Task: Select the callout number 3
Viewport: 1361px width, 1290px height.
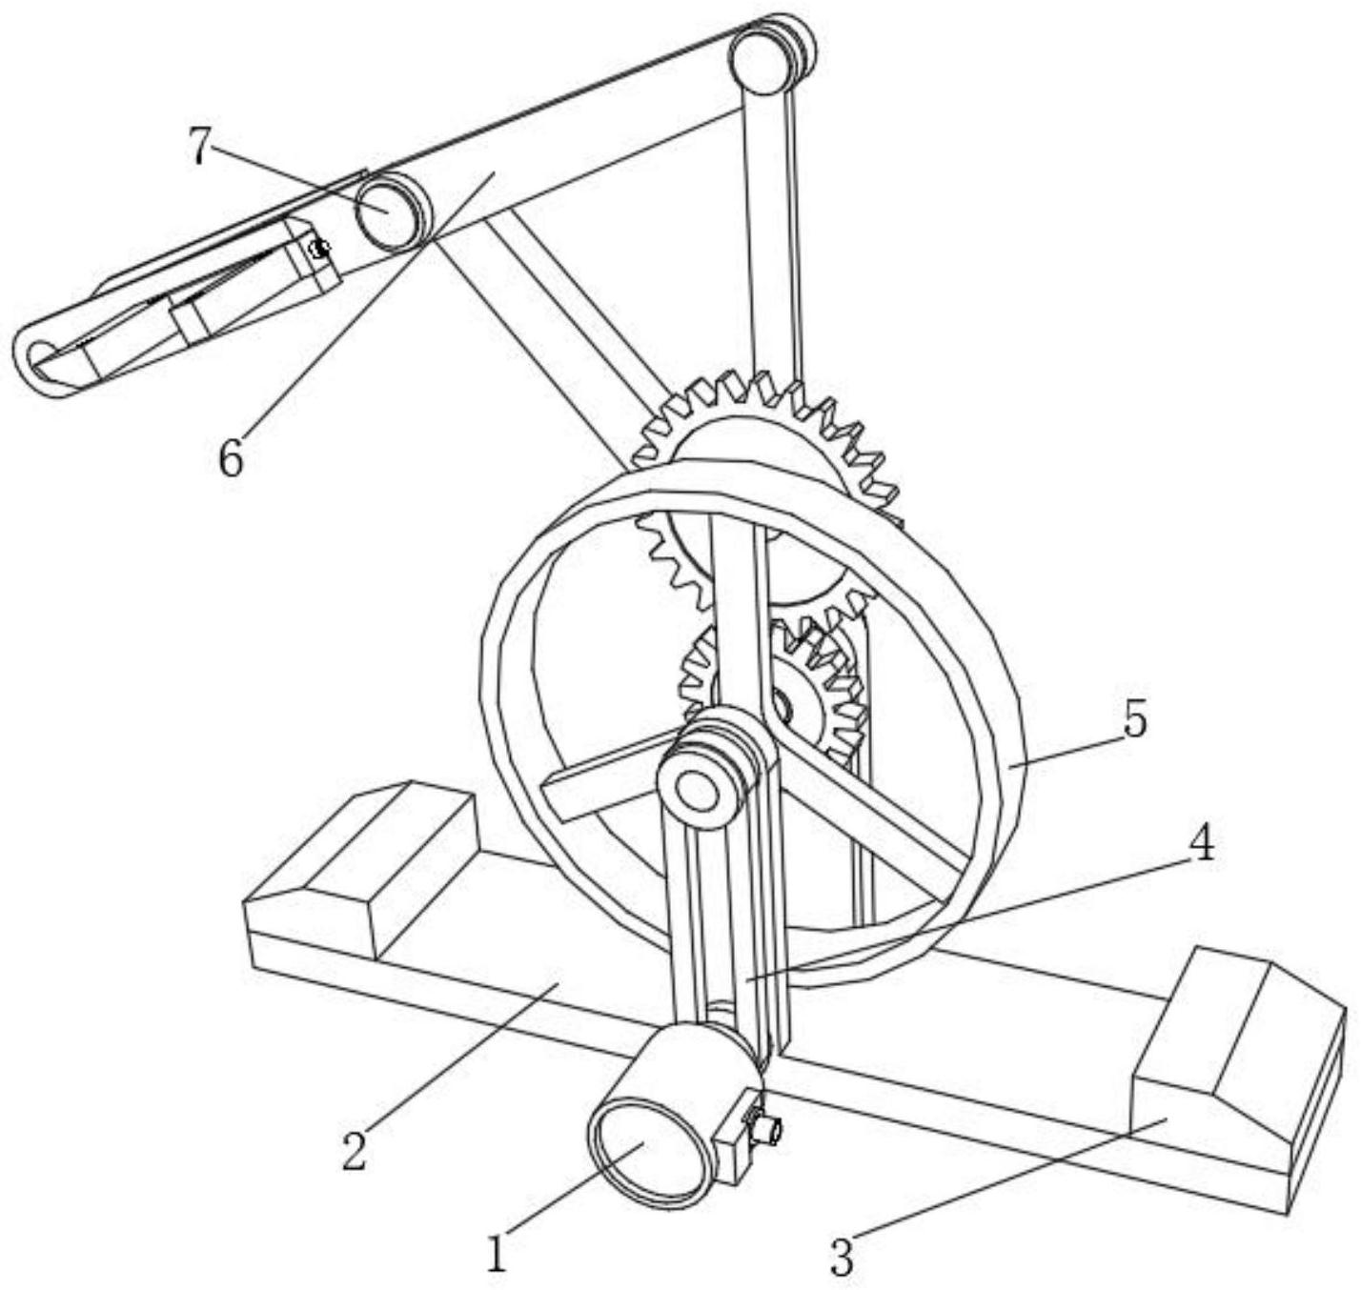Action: (841, 1257)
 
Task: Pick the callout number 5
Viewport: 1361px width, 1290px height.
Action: (1134, 720)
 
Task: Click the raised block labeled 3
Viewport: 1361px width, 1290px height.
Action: (1229, 1058)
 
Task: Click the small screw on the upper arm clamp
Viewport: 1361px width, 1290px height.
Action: (320, 249)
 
